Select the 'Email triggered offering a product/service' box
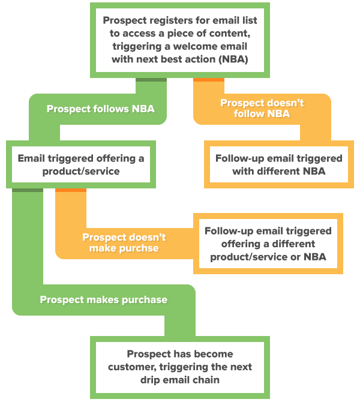pyautogui.click(x=81, y=164)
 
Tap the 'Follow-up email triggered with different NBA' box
pyautogui.click(x=278, y=164)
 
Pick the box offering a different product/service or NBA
pyautogui.click(x=268, y=244)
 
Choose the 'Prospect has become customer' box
pyautogui.click(x=180, y=367)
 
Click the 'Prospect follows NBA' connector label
pyautogui.click(x=100, y=109)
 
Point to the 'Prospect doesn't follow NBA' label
pyautogui.click(x=262, y=108)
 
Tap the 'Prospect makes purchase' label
pyautogui.click(x=103, y=299)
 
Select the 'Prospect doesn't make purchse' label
pyautogui.click(x=124, y=242)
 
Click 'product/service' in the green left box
pyautogui.click(x=81, y=171)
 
